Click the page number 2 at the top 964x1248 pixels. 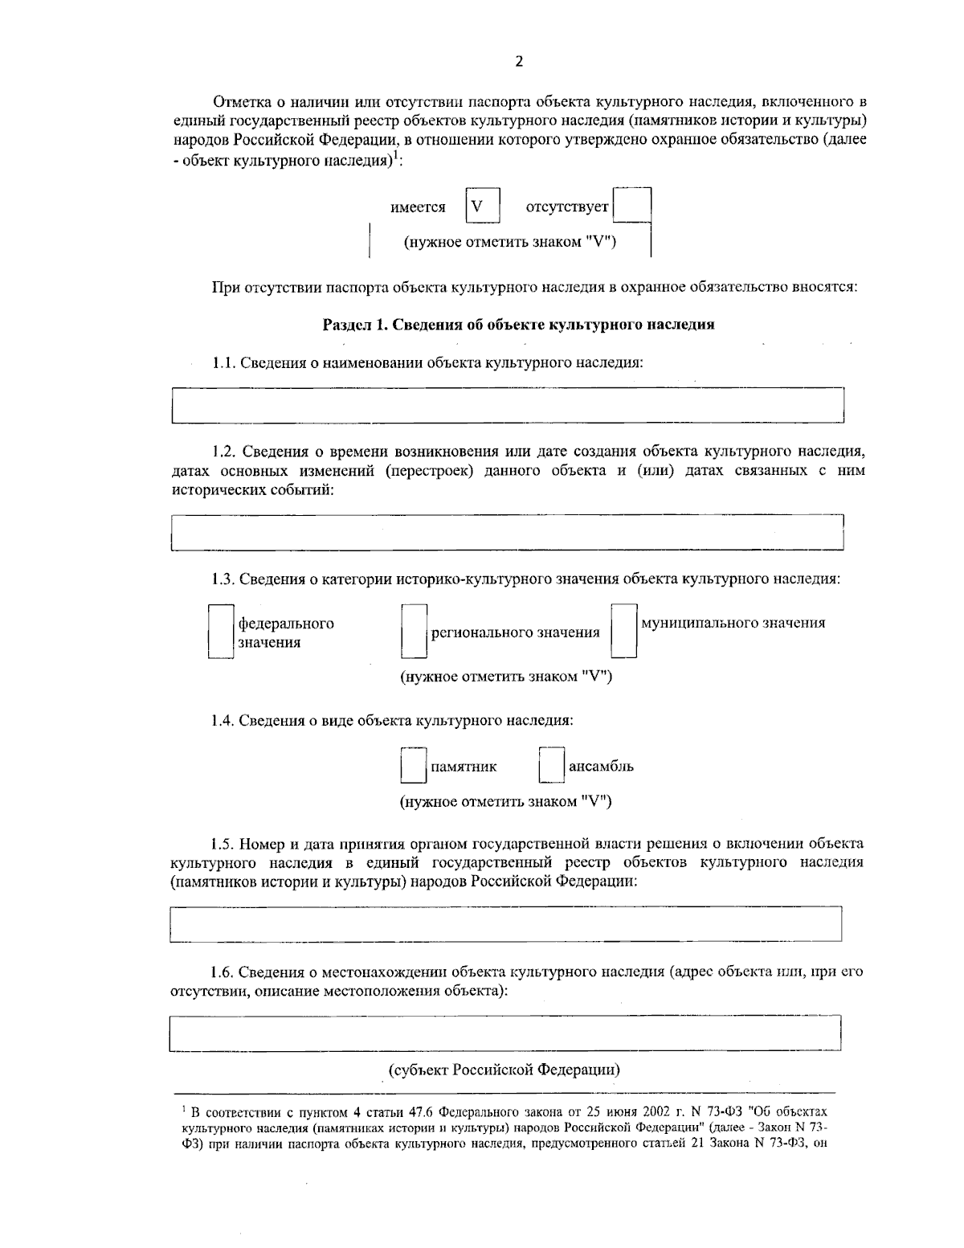coord(518,63)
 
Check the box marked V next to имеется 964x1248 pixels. coord(482,206)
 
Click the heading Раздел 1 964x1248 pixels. coord(518,325)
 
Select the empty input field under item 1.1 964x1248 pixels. coord(508,405)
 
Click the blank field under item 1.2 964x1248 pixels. coord(508,532)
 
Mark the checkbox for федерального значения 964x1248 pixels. coord(221,632)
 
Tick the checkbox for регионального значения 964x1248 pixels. coord(413,632)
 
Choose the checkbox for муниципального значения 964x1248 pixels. coord(623,632)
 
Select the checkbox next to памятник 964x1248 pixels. coord(413,766)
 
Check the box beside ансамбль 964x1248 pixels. coord(551,766)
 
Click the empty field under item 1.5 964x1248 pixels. coord(506,924)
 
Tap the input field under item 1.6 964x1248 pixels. coord(506,1033)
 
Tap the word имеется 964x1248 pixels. coord(418,207)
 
